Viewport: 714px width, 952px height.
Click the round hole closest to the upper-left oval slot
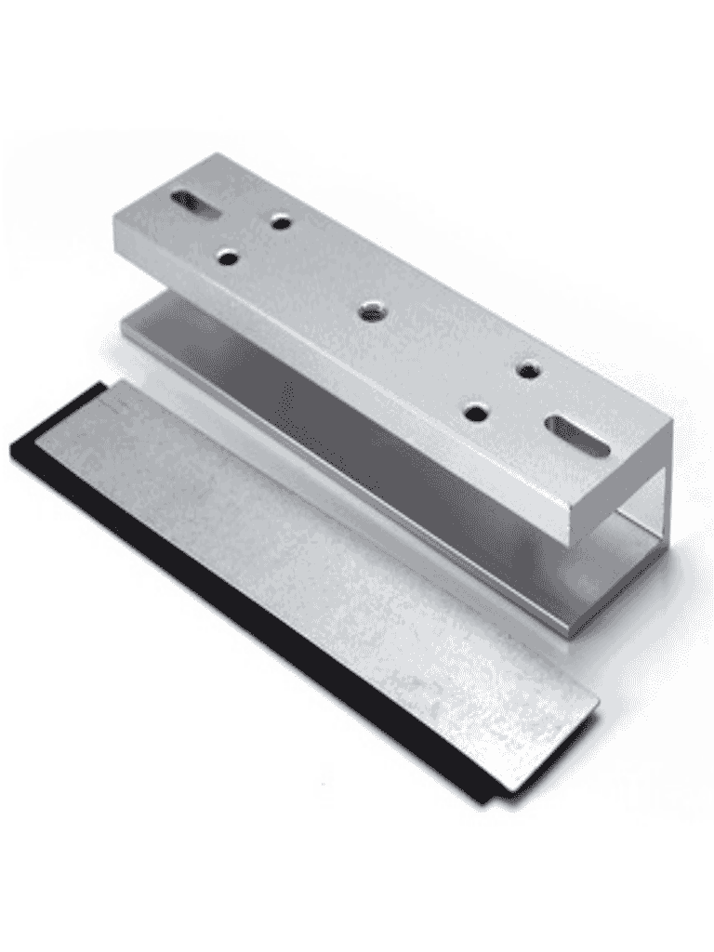pyautogui.click(x=279, y=221)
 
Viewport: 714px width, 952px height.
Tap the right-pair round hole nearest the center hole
pyautogui.click(x=476, y=411)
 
